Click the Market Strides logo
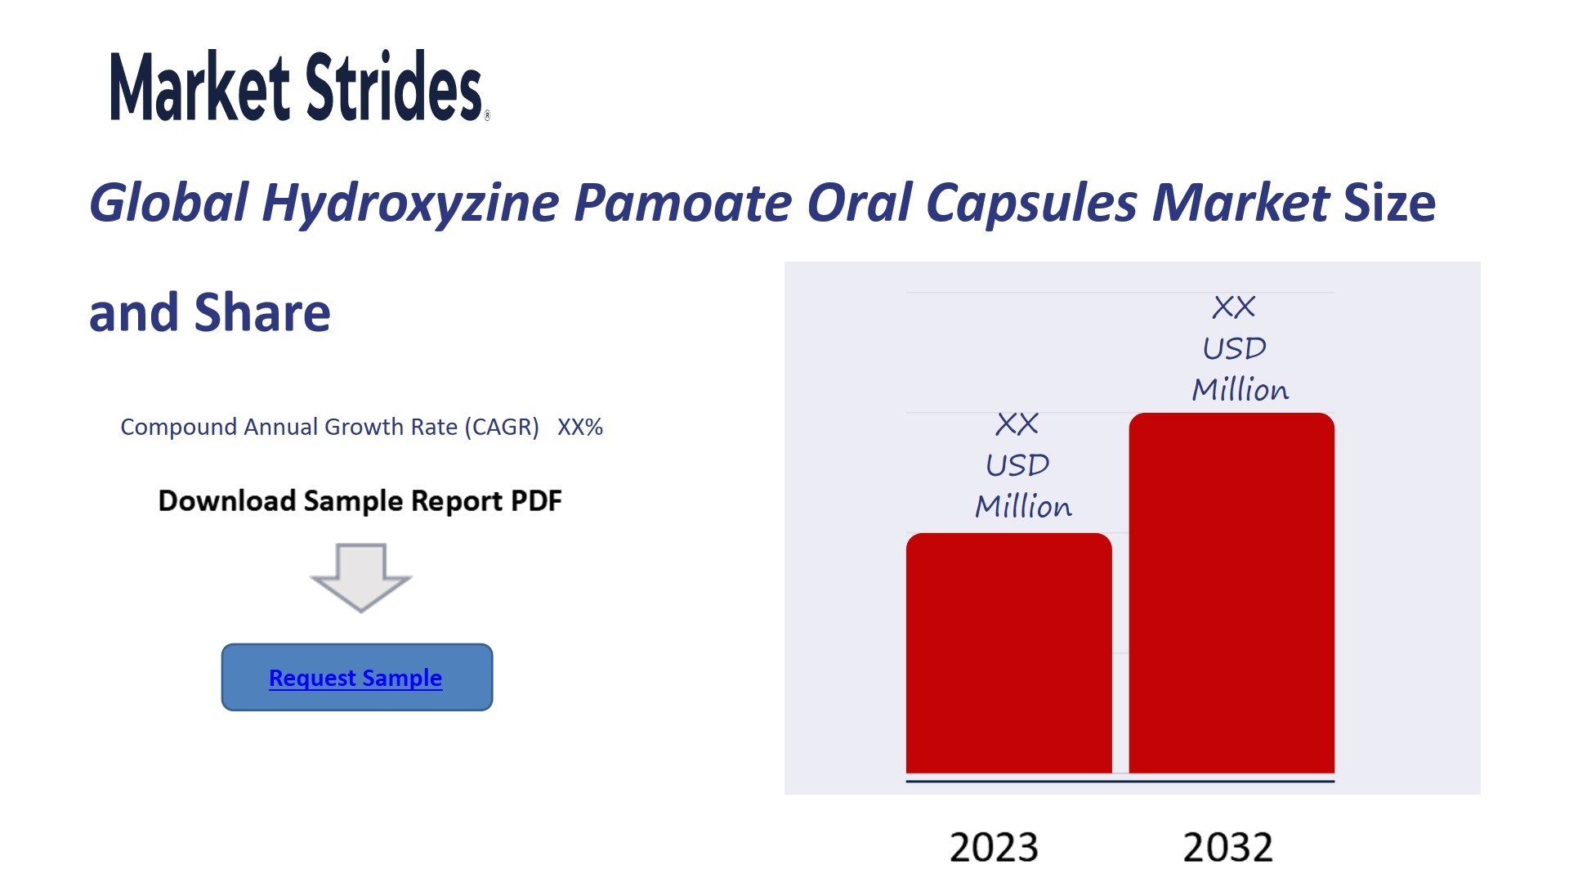click(299, 86)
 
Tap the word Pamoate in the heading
click(682, 203)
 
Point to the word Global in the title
click(168, 202)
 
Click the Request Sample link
click(355, 678)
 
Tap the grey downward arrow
click(360, 577)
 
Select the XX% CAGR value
click(580, 427)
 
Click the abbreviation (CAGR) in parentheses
click(502, 428)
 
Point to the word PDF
click(536, 500)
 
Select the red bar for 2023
click(1009, 653)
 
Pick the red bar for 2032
click(1232, 593)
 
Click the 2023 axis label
click(994, 847)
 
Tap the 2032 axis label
click(1228, 847)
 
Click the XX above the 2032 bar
click(1234, 307)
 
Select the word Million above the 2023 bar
click(1023, 507)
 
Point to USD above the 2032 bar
click(1234, 349)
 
